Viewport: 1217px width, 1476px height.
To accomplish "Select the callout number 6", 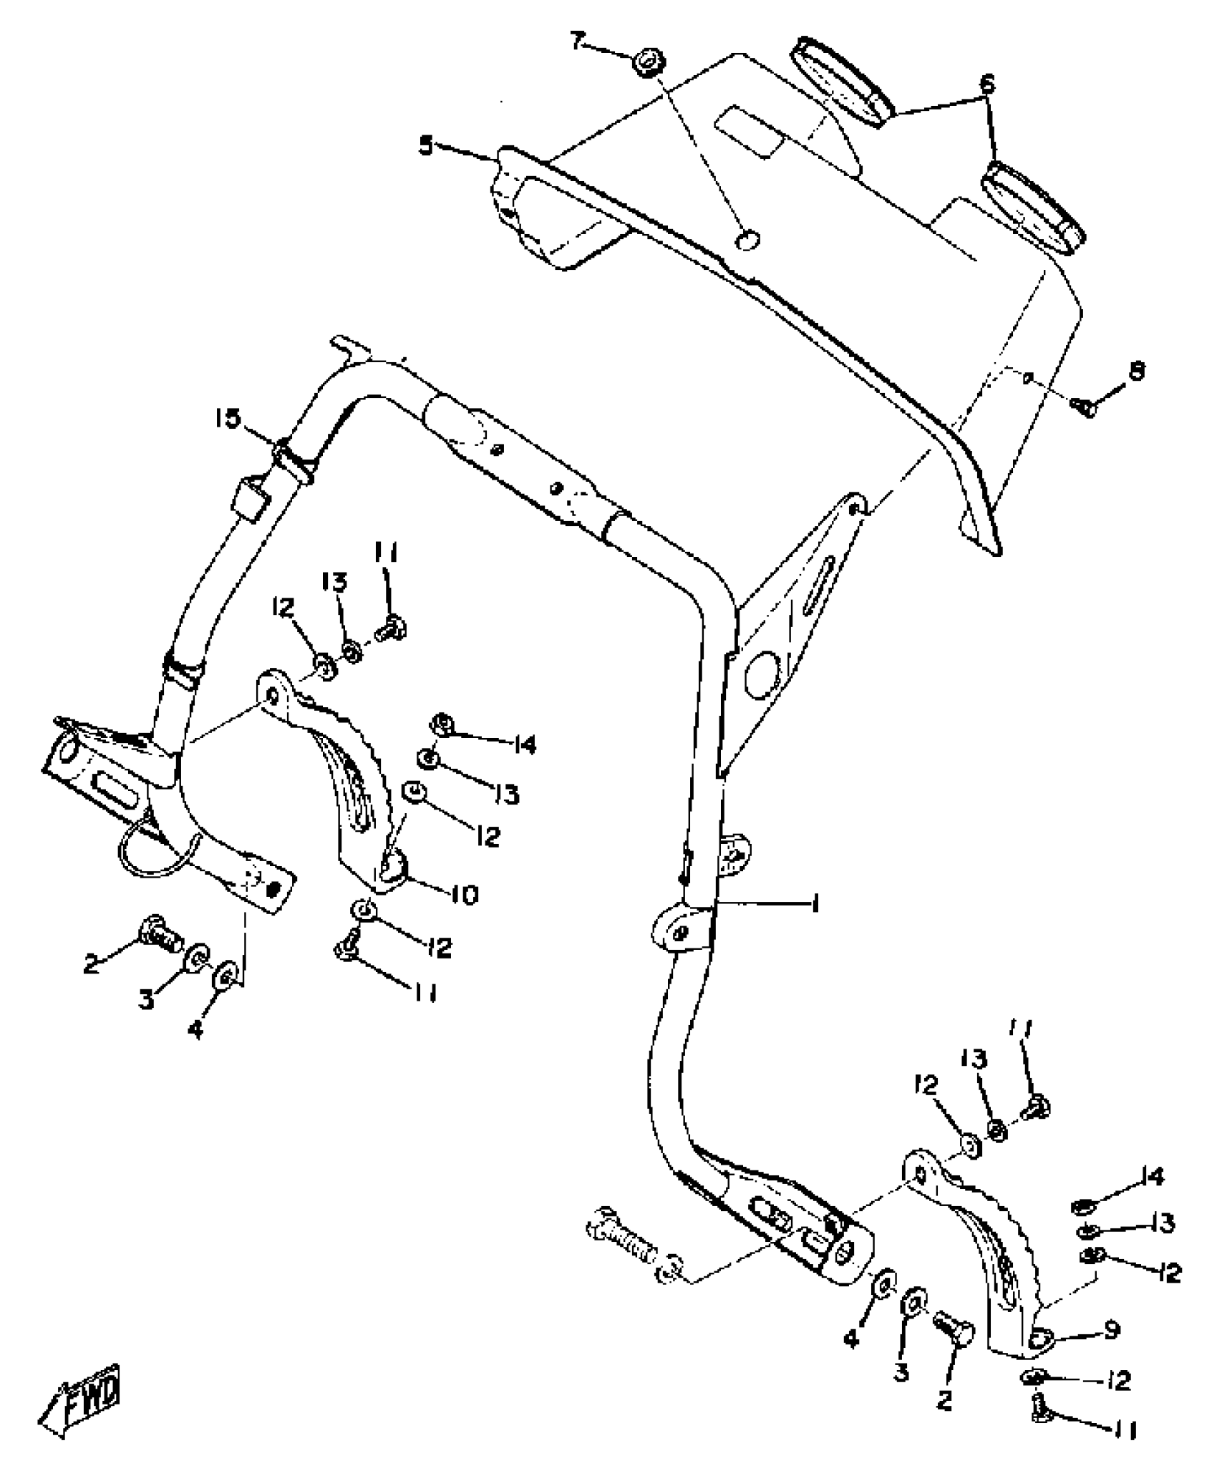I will (x=987, y=84).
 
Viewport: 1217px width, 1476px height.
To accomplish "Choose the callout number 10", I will (x=466, y=893).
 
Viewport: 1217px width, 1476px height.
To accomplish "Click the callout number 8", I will (x=1136, y=370).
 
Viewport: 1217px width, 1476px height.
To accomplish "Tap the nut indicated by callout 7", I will (x=646, y=61).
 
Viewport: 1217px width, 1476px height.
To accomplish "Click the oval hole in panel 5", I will (x=747, y=241).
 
